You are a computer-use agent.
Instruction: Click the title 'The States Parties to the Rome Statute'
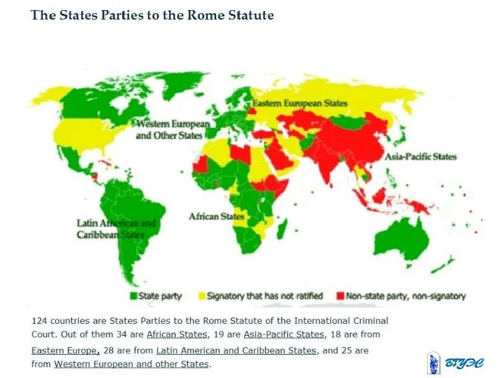click(x=152, y=15)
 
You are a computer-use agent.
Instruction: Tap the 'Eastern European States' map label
click(x=300, y=103)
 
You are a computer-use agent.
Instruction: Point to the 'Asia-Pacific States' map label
click(x=421, y=156)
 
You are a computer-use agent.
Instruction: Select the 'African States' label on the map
click(x=217, y=217)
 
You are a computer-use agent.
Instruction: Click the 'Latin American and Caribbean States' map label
click(x=116, y=229)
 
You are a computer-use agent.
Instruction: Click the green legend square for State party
click(x=133, y=295)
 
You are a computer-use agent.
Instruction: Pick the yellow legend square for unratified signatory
click(x=202, y=295)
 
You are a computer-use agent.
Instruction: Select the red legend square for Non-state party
click(x=341, y=295)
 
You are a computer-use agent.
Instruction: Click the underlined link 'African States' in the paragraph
click(x=176, y=334)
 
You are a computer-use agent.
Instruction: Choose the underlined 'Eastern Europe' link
click(x=65, y=350)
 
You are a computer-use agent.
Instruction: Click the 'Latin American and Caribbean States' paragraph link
click(x=236, y=350)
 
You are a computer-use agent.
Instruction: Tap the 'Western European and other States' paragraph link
click(x=131, y=364)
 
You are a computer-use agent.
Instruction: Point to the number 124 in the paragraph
click(x=40, y=320)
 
